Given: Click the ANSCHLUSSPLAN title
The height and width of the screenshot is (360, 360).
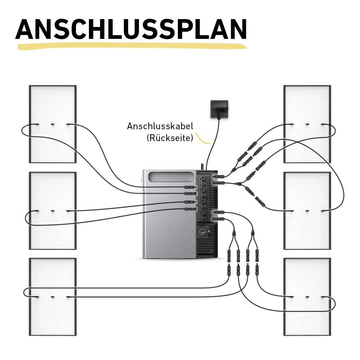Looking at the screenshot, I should [131, 29].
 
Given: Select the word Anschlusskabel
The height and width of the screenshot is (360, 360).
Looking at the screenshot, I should [160, 126].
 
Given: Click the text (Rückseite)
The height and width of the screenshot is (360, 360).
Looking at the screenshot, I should [170, 138].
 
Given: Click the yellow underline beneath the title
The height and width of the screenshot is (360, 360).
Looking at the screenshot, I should [131, 46].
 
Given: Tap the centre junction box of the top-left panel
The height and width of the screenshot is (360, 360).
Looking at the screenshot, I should [53, 125].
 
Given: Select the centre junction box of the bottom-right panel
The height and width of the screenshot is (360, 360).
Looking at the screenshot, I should [307, 297].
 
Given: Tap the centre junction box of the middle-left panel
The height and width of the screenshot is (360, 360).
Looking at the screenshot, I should [53, 211].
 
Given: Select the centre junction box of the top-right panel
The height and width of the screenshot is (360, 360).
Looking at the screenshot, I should [307, 125].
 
